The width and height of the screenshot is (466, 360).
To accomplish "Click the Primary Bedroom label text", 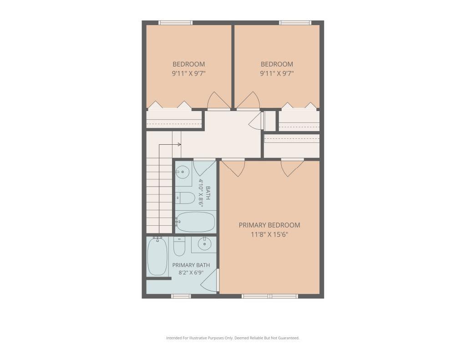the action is point(269,225).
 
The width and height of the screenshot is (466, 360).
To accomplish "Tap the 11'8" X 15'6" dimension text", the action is point(269,234).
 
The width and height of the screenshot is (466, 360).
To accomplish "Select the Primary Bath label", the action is point(191,265).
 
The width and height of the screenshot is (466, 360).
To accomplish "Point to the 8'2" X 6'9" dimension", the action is point(191,272).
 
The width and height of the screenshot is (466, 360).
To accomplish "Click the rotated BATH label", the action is point(208,193).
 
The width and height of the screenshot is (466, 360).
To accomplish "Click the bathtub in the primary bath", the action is point(157,257).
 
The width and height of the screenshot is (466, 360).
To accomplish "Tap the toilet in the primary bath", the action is point(179,246).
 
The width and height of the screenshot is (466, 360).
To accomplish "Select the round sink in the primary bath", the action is point(204,244).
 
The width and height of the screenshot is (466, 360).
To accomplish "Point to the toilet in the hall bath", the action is point(185,198).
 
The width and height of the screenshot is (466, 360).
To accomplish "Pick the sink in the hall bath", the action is point(182,172).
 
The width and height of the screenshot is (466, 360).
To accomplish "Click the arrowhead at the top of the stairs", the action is point(179,144).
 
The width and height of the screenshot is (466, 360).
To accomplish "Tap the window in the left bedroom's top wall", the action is point(175,23).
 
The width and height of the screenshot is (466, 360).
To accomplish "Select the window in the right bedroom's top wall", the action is point(295,23).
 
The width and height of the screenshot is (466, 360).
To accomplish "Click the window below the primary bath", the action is point(181,296).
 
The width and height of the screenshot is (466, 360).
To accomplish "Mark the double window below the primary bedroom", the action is point(269,296).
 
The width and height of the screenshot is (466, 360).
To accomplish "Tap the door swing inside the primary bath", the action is point(209,280).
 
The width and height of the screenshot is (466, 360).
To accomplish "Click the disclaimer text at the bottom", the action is point(233,338).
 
